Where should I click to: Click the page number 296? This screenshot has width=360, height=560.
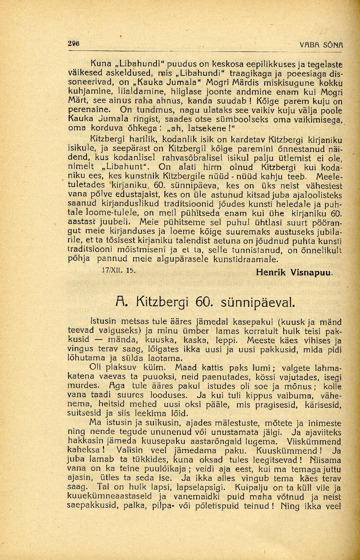(x=73, y=43)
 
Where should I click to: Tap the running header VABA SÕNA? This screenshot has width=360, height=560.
(x=322, y=45)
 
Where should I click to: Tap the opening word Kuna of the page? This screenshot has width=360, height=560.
(x=100, y=64)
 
